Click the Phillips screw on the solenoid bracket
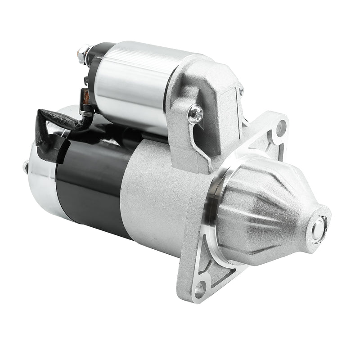196,114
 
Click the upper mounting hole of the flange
281,127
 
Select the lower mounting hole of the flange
199,287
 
